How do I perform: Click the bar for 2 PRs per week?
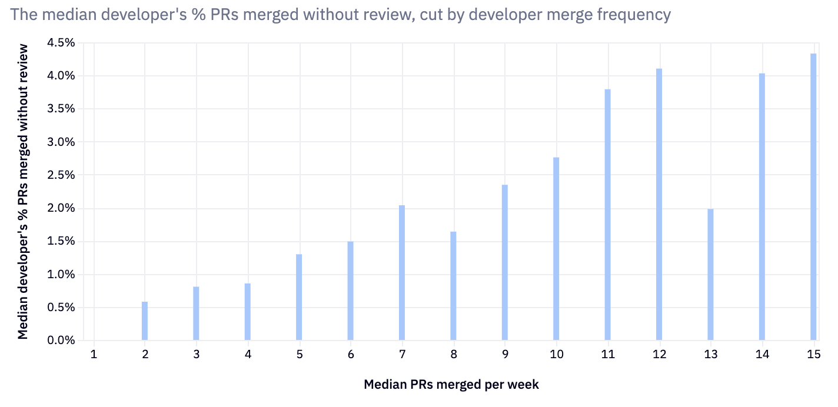(x=145, y=321)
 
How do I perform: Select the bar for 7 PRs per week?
(x=402, y=273)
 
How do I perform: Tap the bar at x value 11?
(x=608, y=215)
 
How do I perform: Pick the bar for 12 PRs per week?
(x=659, y=205)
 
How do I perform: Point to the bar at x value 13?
(x=710, y=275)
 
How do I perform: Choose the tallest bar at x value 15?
(x=813, y=197)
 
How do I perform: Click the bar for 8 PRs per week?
(x=453, y=286)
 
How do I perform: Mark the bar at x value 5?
(x=299, y=297)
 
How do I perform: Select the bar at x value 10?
(x=556, y=249)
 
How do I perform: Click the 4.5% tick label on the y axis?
(x=62, y=43)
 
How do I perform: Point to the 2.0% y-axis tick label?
(x=62, y=208)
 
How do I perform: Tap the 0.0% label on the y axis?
(x=62, y=341)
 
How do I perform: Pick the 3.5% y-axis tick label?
(x=62, y=109)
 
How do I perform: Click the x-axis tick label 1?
(x=94, y=355)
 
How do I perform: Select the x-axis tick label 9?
(x=505, y=355)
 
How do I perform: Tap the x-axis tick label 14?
(x=761, y=355)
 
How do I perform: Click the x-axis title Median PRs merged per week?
(x=451, y=385)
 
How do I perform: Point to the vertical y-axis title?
(x=23, y=192)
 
